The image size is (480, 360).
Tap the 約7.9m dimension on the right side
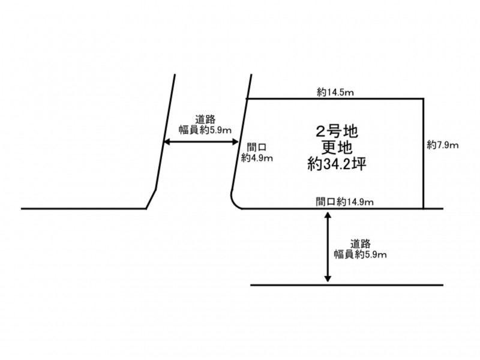443,145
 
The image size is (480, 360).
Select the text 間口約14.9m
344,202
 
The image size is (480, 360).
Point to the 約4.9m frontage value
257,158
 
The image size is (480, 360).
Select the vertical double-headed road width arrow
328,247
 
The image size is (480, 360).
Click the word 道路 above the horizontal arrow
206,119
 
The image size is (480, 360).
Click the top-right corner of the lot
424,99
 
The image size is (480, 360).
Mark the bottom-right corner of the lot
424,209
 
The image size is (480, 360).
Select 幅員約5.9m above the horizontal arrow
206,129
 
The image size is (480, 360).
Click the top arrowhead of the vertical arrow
328,214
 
